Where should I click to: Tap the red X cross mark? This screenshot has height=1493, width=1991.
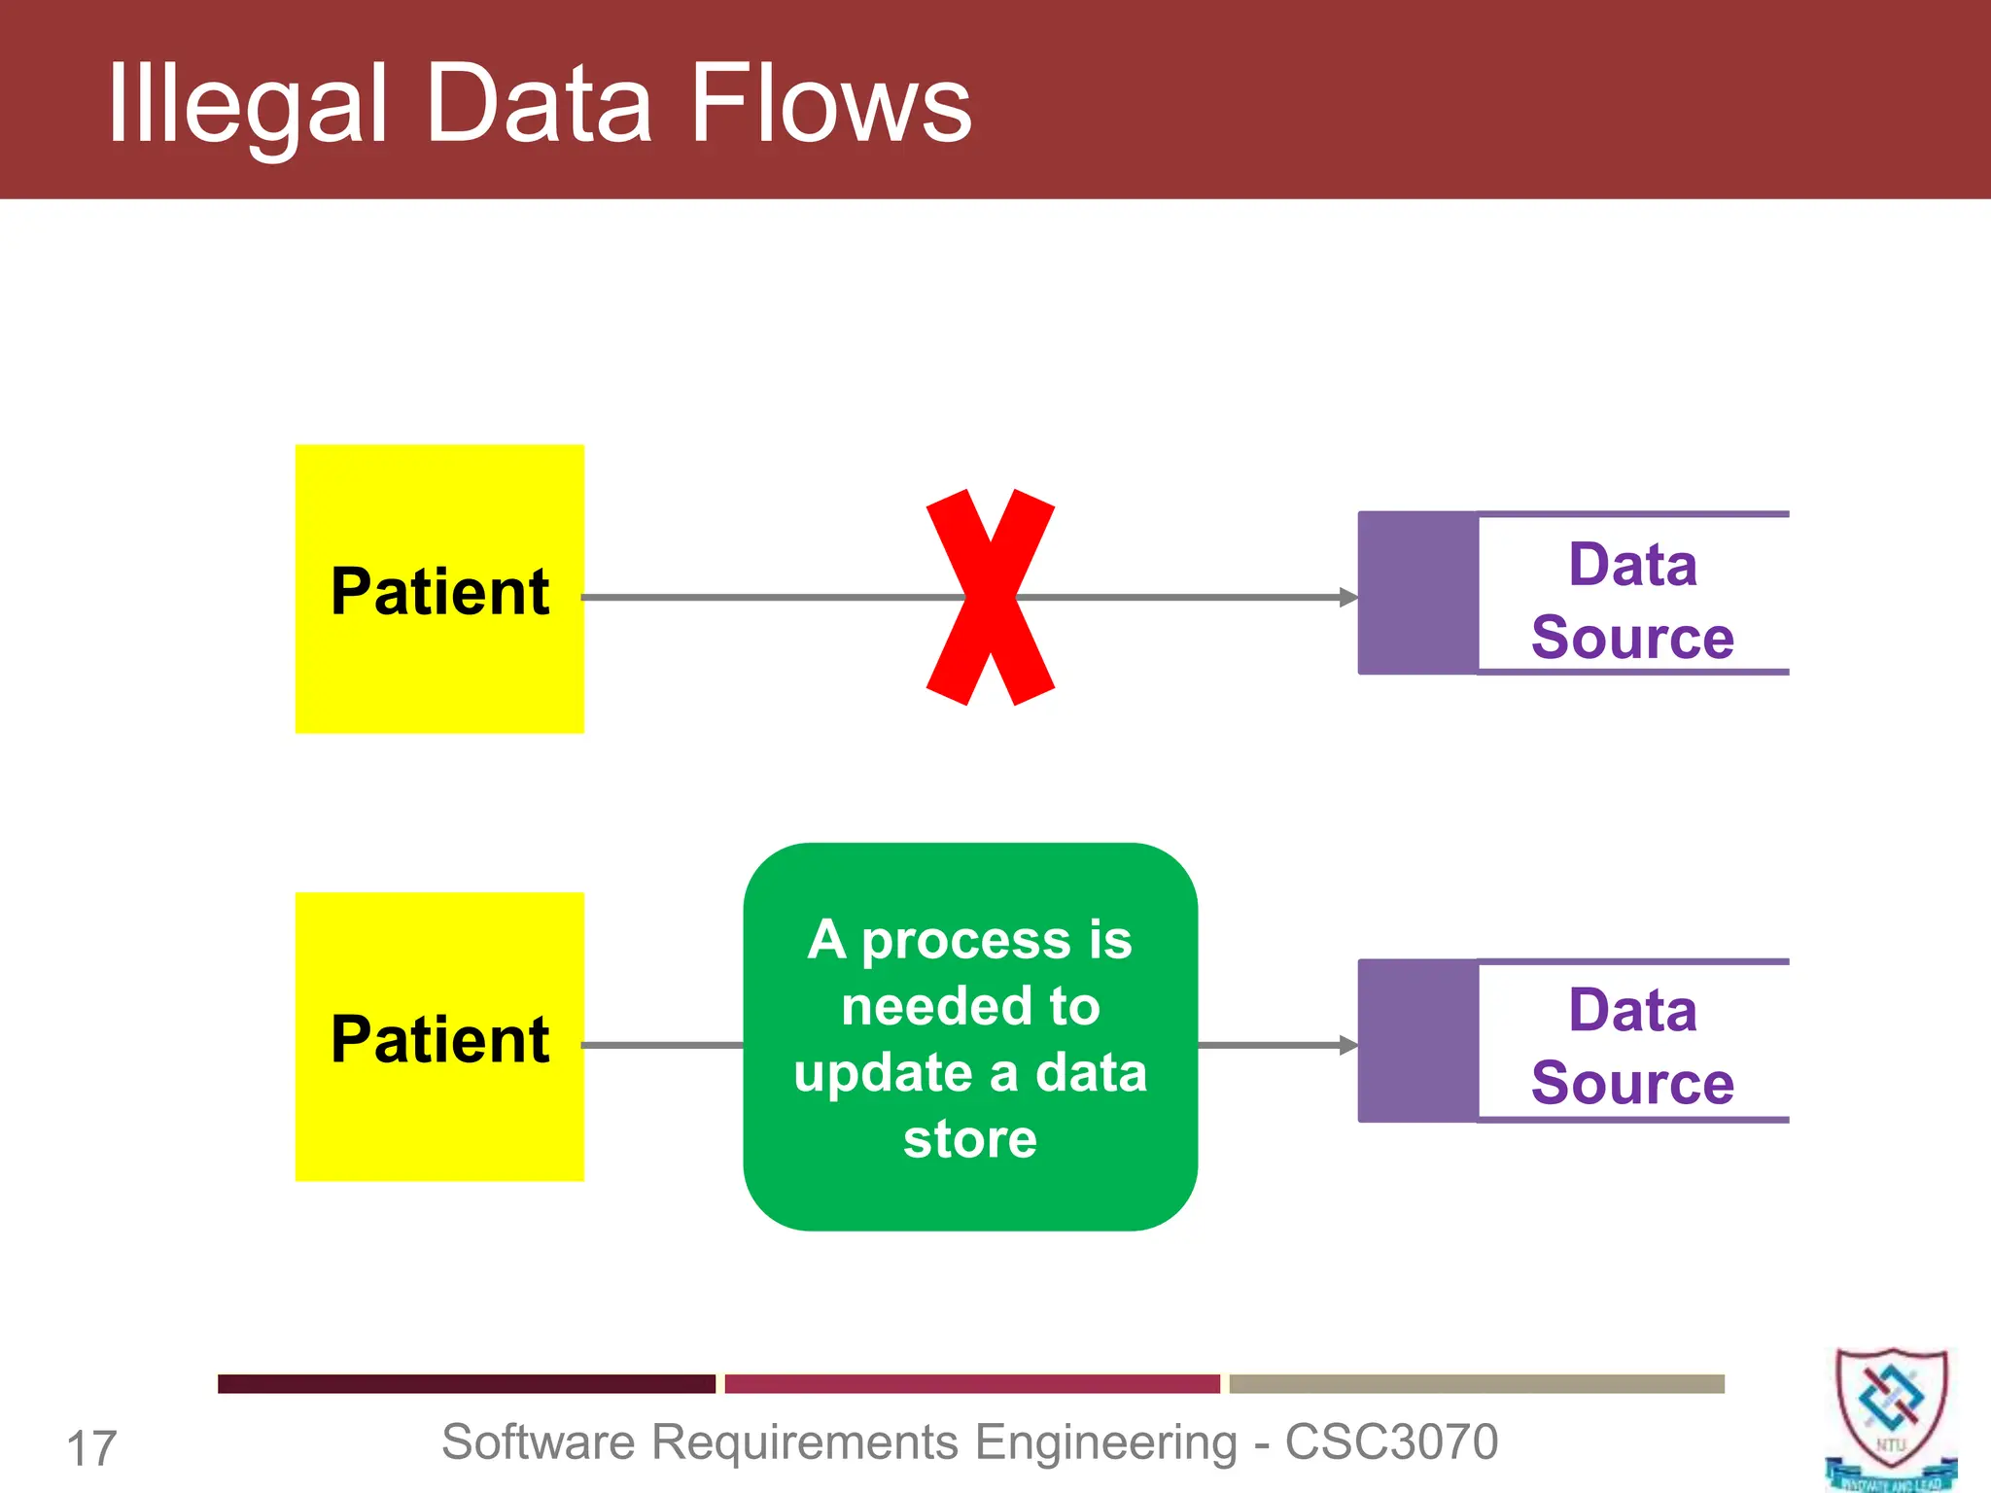pyautogui.click(x=990, y=597)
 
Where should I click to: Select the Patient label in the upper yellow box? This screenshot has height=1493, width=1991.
pyautogui.click(x=439, y=591)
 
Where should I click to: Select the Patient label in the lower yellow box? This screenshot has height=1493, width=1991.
pyautogui.click(x=439, y=1039)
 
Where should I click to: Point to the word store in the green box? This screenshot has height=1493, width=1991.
pyautogui.click(x=969, y=1138)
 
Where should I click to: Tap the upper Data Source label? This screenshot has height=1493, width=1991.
pyautogui.click(x=1632, y=601)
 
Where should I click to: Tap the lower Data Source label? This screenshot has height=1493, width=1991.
pyautogui.click(x=1632, y=1046)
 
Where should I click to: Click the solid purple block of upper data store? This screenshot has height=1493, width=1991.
pyautogui.click(x=1417, y=593)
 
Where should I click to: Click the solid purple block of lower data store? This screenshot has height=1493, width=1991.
pyautogui.click(x=1417, y=1041)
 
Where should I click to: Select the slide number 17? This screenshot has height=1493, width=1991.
pyautogui.click(x=91, y=1448)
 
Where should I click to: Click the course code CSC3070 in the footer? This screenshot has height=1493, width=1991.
pyautogui.click(x=1391, y=1441)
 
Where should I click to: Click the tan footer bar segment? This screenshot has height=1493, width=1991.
pyautogui.click(x=1476, y=1383)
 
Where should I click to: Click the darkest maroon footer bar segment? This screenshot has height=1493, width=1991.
pyautogui.click(x=466, y=1383)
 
